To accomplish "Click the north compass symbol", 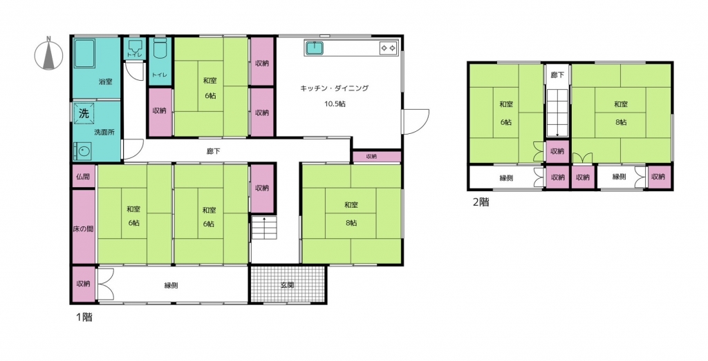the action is (x=49, y=54).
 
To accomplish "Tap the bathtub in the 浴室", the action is (x=84, y=54).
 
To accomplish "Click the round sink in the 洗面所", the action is (x=83, y=151).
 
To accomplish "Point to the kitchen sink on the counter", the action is (x=315, y=48).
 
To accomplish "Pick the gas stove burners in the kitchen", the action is (x=389, y=48).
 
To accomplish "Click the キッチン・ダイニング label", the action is (x=335, y=88).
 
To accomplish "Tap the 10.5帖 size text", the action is (x=335, y=104).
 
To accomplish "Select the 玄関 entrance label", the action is (x=288, y=285).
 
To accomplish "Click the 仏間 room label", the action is (x=83, y=177).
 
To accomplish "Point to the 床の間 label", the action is (x=83, y=229).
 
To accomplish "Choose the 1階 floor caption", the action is (x=84, y=317).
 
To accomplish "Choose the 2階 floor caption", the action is (x=481, y=202).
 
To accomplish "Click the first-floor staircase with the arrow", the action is (x=264, y=228).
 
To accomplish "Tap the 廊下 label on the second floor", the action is (x=557, y=75).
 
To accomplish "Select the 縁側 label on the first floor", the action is (x=171, y=285).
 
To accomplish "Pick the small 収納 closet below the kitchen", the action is (x=377, y=157).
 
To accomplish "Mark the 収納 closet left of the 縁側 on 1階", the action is (x=84, y=284).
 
